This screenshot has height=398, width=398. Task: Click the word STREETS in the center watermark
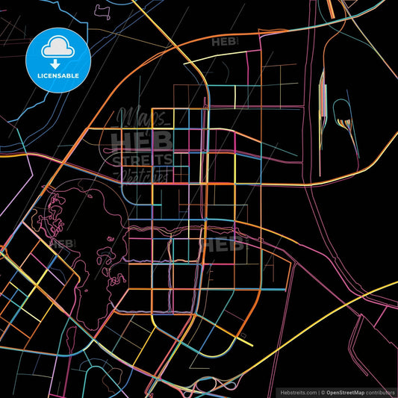click(142, 160)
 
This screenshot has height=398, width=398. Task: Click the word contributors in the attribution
click(384, 391)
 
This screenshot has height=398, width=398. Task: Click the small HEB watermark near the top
click(225, 43)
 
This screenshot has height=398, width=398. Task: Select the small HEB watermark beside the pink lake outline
click(62, 243)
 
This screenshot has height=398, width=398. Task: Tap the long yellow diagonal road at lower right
click(329, 306)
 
